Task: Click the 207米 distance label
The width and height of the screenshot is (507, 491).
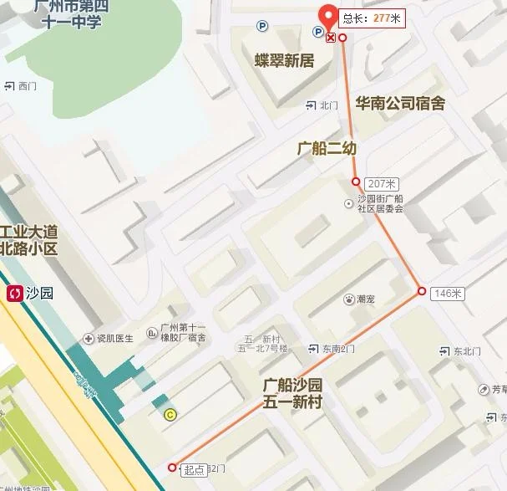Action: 382,183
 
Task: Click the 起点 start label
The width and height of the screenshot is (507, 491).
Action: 193,470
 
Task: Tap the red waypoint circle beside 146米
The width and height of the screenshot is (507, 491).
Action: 422,292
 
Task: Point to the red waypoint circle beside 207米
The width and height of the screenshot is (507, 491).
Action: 356,182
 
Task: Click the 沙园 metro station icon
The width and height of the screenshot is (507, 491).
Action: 15,293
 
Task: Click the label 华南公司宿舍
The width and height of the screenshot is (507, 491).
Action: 400,104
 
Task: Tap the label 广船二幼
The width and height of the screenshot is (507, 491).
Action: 327,148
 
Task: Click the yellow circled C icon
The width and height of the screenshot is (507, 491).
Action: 170,412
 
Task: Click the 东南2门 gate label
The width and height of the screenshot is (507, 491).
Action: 339,348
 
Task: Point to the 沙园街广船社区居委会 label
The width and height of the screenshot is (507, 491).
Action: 380,203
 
